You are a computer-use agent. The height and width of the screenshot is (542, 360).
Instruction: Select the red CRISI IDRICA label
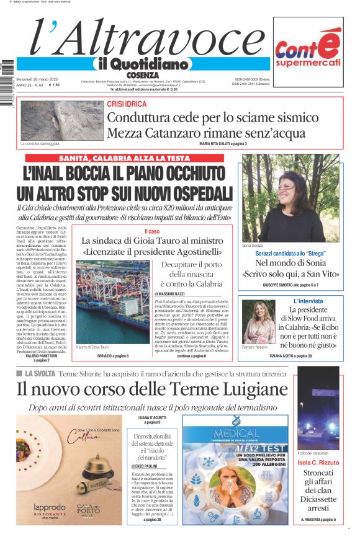pyautogui.click(x=127, y=104)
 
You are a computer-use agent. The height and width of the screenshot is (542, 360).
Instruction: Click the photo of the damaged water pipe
pyautogui.click(x=53, y=120)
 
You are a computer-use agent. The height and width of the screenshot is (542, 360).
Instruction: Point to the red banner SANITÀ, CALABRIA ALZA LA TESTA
pyautogui.click(x=124, y=158)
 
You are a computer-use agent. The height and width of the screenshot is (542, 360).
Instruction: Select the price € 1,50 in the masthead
pyautogui.click(x=54, y=85)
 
